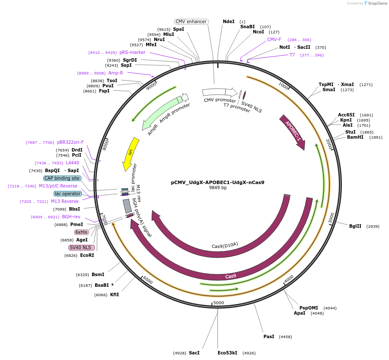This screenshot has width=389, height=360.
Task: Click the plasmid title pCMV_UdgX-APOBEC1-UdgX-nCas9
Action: click(x=217, y=182)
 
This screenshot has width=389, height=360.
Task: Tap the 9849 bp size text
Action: click(x=218, y=187)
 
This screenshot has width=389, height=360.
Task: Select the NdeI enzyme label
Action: click(x=229, y=21)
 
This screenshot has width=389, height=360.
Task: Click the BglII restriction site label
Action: click(x=355, y=226)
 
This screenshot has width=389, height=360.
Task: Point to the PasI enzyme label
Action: click(x=269, y=336)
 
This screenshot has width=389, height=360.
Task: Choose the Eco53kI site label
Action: click(x=227, y=353)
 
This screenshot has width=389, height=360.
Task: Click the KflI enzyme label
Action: click(x=114, y=295)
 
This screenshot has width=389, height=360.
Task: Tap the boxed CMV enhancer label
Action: click(x=191, y=21)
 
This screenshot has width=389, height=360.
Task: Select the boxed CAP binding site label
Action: click(x=62, y=178)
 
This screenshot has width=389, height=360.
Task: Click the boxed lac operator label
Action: click(x=68, y=193)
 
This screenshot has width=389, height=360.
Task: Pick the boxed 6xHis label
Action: click(x=81, y=232)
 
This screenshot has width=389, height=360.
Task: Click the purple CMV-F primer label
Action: click(x=274, y=39)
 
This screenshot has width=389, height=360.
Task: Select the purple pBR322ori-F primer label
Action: click(x=70, y=142)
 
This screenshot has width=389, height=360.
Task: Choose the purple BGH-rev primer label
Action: click(x=71, y=217)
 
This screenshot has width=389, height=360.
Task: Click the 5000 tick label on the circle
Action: click(x=218, y=303)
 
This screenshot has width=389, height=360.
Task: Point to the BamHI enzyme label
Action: click(x=355, y=137)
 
